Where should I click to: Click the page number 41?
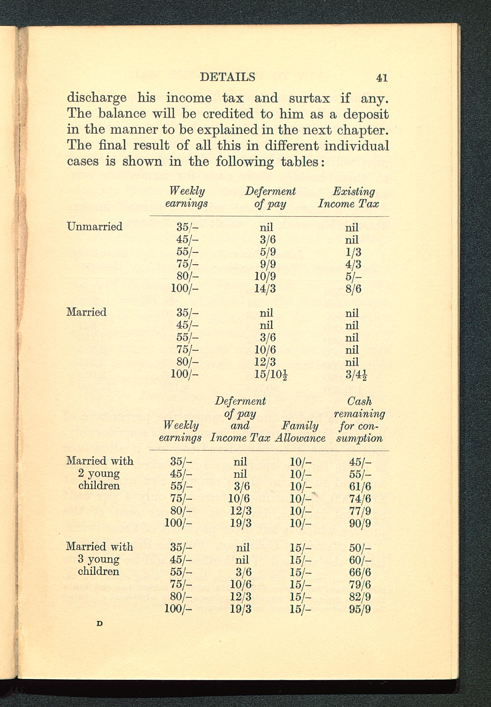tap(382, 78)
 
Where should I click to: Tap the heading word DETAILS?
tap(227, 77)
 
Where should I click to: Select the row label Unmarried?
tap(95, 226)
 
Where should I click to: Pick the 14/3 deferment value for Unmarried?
tap(265, 289)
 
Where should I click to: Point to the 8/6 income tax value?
tap(353, 289)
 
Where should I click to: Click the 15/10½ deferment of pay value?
tap(271, 375)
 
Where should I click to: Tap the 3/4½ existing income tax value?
tap(356, 375)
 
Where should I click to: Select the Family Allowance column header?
tap(300, 432)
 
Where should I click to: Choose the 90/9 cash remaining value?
tap(360, 523)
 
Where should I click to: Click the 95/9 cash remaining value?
tap(360, 609)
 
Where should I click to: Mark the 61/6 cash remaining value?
tap(360, 486)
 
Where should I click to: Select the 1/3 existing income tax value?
tap(353, 252)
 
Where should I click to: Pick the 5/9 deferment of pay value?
tap(268, 252)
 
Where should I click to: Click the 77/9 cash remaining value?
tap(360, 511)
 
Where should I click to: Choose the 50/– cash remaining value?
tap(360, 548)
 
